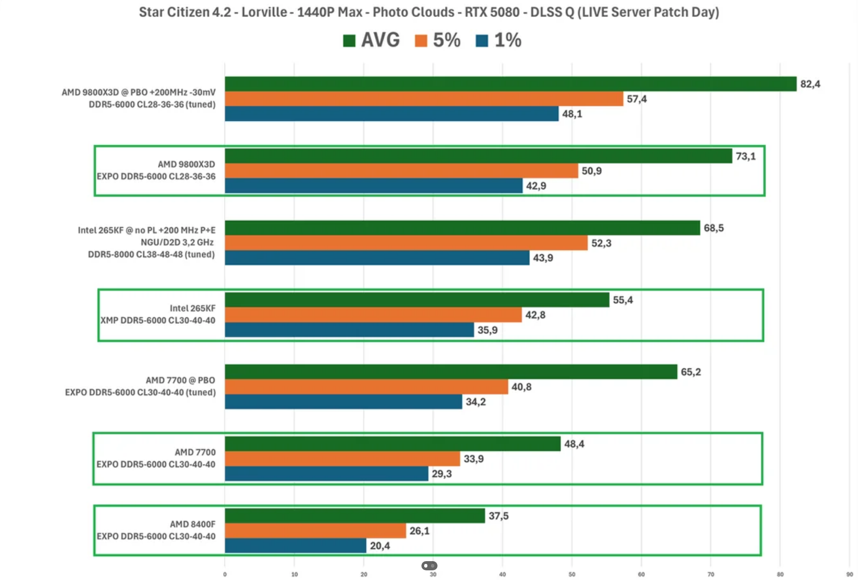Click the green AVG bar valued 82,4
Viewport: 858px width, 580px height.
510,84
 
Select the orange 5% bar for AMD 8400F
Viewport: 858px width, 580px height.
315,531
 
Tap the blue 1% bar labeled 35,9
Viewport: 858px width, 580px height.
349,330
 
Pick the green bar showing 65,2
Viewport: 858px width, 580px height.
451,372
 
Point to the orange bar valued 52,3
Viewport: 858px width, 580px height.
406,243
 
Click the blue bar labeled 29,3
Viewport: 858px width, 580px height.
327,474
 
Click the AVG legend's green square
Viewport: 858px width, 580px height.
349,40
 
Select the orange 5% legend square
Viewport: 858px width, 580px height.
420,40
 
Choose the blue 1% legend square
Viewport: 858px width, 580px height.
482,40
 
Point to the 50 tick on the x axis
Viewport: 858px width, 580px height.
572,574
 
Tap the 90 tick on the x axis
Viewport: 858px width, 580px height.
849,574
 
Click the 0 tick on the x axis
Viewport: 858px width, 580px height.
225,574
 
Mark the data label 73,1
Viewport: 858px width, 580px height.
746,156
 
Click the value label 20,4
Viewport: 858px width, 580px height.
380,546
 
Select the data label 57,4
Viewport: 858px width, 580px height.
636,99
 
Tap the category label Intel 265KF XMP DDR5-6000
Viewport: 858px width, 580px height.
158,314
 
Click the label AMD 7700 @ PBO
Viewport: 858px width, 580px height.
180,380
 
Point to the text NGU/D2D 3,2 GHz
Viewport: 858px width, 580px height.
177,242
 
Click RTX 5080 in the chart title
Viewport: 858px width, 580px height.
492,12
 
